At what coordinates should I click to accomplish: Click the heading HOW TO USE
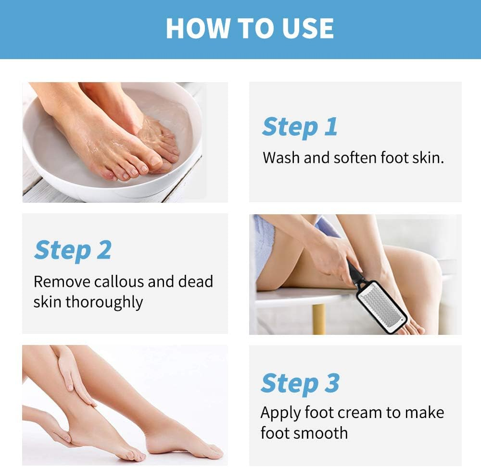[x=250, y=28]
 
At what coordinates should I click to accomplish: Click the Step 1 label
[x=300, y=127]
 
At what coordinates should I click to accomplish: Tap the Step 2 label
[x=73, y=250]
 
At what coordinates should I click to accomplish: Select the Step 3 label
[x=300, y=383]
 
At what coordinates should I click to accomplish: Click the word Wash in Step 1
[x=281, y=158]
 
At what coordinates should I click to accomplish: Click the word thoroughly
[x=104, y=302]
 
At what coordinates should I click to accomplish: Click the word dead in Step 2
[x=195, y=282]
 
